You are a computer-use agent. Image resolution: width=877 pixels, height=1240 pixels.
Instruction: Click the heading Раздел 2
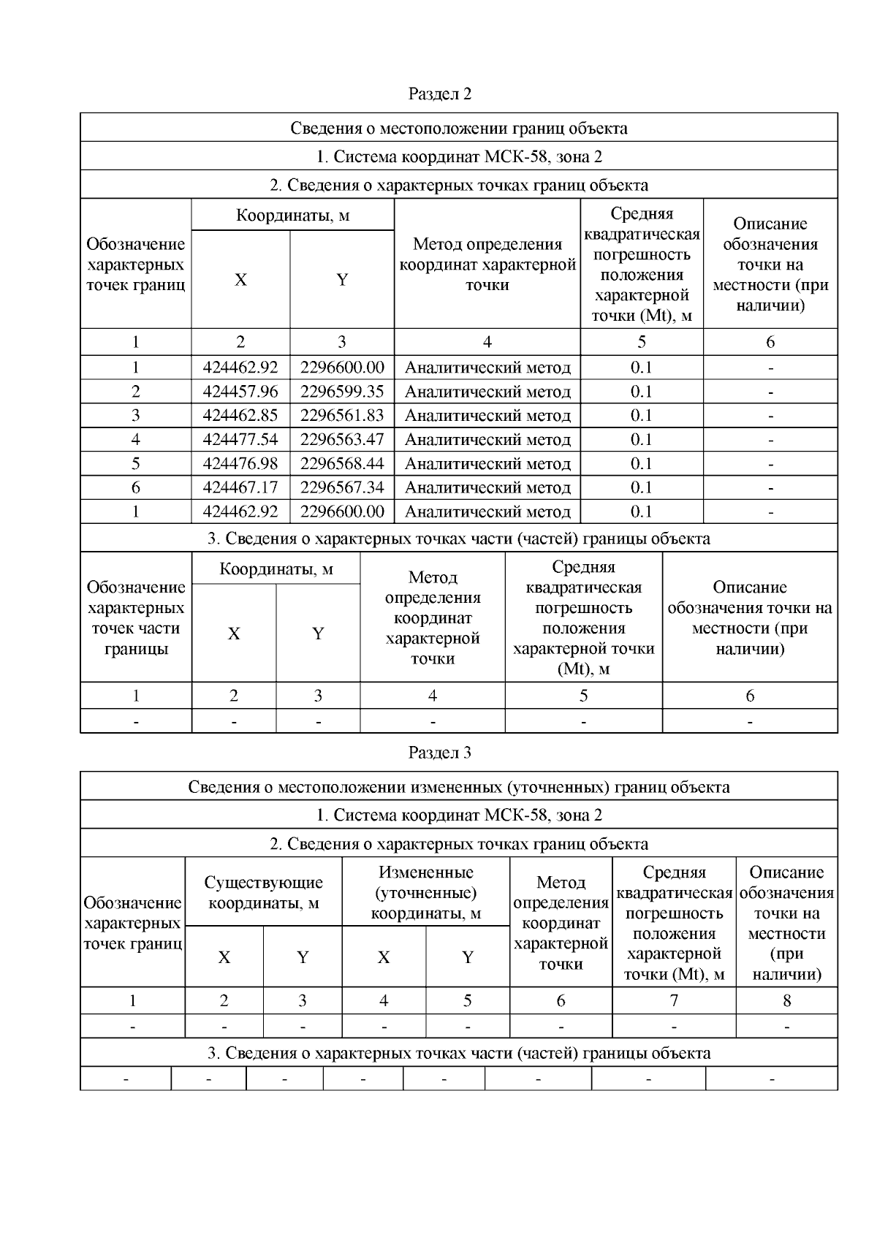click(439, 94)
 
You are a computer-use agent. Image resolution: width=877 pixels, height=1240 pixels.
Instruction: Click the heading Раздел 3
click(439, 753)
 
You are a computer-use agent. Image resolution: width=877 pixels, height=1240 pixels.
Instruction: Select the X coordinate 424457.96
click(240, 392)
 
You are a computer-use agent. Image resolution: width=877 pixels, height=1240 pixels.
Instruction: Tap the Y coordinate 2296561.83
click(341, 416)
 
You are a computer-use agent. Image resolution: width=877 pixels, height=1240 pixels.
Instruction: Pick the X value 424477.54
click(240, 440)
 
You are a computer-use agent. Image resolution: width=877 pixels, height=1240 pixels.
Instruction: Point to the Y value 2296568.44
click(341, 464)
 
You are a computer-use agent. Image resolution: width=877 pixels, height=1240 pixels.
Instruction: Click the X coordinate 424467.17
click(240, 487)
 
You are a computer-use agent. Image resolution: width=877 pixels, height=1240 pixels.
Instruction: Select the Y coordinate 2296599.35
click(341, 392)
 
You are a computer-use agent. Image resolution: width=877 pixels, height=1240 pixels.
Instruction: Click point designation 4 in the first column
click(136, 440)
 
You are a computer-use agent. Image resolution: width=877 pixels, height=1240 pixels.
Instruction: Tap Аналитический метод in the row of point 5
click(487, 464)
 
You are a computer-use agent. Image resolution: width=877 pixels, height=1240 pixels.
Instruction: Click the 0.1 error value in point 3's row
click(641, 416)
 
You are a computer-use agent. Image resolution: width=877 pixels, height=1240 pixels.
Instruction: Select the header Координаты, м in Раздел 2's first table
click(292, 216)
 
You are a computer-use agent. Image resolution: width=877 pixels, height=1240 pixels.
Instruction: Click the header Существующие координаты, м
click(263, 893)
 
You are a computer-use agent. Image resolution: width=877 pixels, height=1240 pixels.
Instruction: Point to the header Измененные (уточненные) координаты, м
click(425, 893)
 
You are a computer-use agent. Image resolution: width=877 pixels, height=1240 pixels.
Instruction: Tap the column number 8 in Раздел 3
click(786, 1001)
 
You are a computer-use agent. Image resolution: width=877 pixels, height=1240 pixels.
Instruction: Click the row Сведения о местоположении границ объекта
click(458, 129)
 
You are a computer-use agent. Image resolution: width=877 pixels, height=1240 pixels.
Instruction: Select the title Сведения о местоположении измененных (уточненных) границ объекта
click(458, 788)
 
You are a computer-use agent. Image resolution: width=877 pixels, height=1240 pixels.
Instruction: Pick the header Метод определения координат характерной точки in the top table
click(487, 265)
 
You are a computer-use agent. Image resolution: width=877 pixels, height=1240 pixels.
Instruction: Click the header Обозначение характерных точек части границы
click(136, 618)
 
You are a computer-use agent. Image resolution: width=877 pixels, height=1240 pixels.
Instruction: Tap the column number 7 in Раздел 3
click(674, 1001)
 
